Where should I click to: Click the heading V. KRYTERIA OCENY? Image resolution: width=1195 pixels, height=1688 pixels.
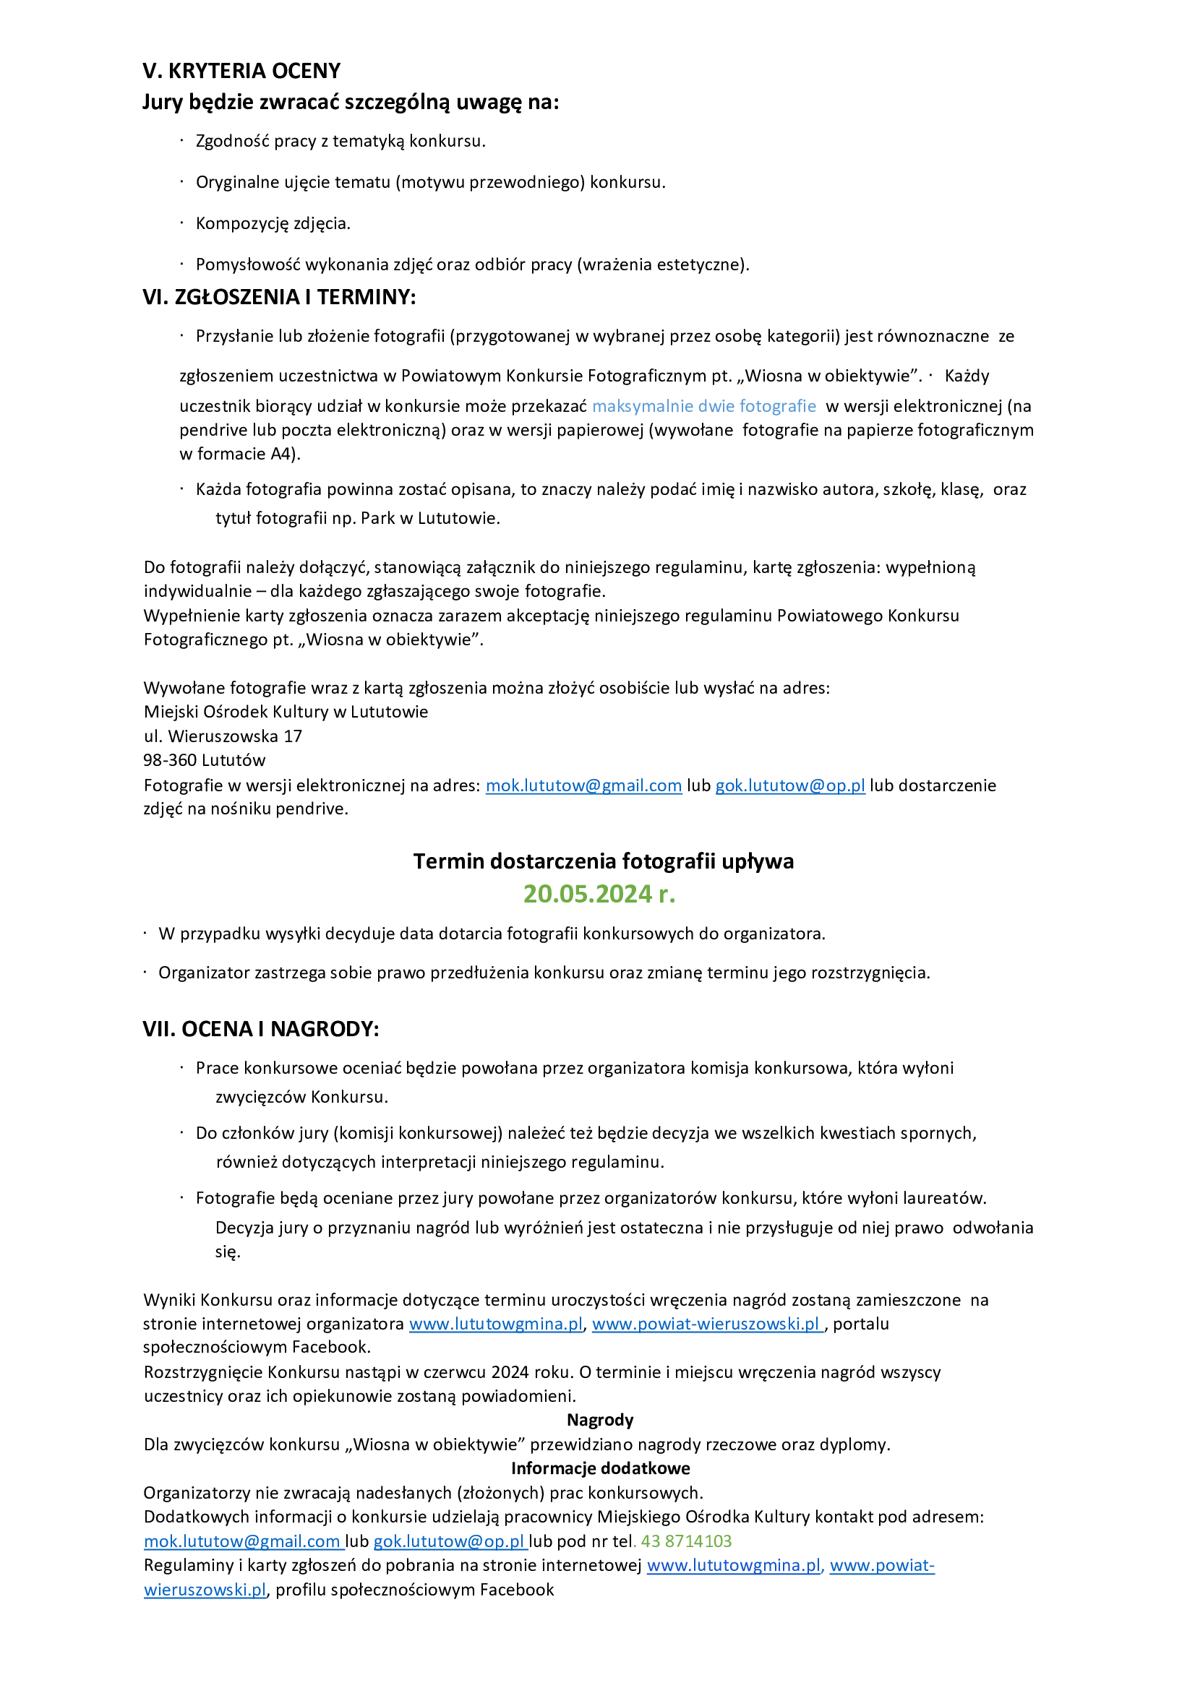(x=241, y=71)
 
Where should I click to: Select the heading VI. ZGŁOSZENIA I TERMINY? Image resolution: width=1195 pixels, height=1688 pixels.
(x=279, y=297)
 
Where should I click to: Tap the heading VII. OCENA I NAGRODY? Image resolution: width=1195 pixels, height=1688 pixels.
(x=260, y=1029)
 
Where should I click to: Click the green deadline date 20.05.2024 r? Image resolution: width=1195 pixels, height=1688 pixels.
(x=599, y=894)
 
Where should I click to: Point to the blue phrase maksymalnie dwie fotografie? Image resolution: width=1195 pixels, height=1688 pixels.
(x=703, y=406)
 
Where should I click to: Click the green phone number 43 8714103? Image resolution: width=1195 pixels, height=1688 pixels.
(x=686, y=1541)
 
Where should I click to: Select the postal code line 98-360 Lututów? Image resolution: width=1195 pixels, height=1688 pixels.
(x=204, y=759)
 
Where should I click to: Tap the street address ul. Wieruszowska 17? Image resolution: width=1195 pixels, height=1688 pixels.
(x=222, y=736)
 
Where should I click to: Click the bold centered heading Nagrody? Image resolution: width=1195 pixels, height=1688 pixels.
(x=600, y=1420)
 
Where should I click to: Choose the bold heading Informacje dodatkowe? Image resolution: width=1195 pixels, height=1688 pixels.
(x=600, y=1469)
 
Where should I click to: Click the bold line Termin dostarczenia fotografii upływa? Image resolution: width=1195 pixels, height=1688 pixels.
(x=603, y=861)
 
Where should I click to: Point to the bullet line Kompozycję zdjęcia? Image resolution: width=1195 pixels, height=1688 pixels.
(x=273, y=223)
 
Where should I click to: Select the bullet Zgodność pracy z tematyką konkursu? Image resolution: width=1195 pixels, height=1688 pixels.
(x=340, y=141)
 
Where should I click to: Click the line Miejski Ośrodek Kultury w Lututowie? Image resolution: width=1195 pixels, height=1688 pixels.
(x=286, y=712)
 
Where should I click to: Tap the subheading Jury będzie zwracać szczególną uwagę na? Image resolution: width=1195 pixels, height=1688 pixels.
(x=350, y=102)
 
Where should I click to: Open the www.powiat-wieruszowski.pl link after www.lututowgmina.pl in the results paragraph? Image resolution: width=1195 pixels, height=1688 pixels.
(x=706, y=1324)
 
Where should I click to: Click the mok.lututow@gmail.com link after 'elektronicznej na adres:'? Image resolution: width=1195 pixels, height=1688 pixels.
(x=583, y=785)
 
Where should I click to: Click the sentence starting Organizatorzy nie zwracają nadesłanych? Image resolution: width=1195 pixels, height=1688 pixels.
(x=423, y=1493)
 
